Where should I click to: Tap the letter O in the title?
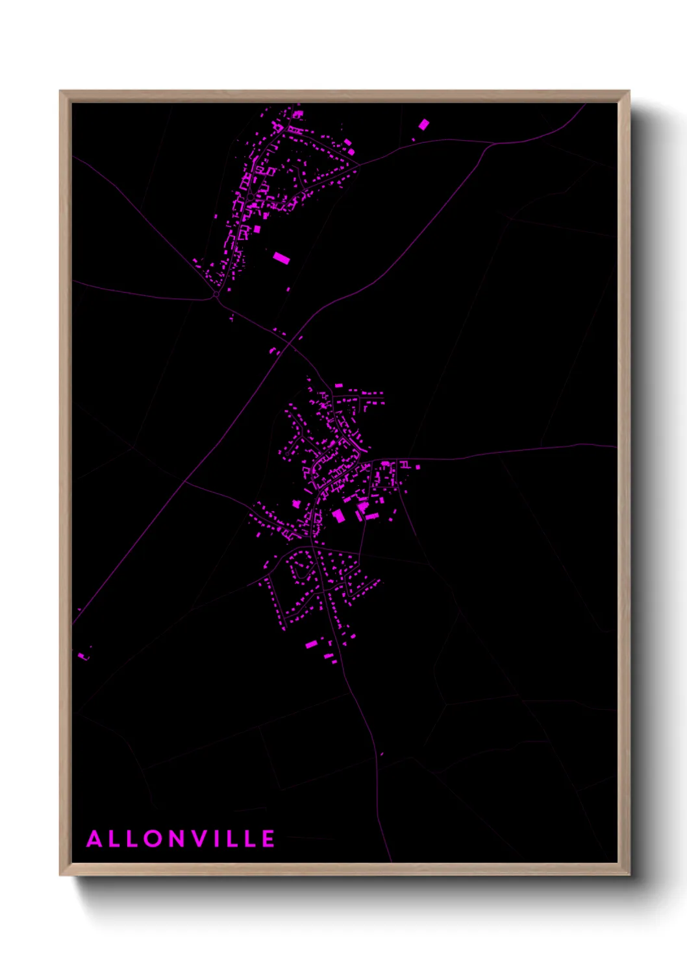(x=154, y=839)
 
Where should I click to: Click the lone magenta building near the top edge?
(x=424, y=124)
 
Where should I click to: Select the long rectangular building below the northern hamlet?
(x=281, y=258)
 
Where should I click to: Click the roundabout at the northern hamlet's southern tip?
(x=216, y=294)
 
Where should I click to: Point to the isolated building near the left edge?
(x=82, y=656)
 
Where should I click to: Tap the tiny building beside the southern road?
(x=382, y=754)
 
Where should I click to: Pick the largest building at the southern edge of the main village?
(x=311, y=644)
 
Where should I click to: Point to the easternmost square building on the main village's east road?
(x=418, y=466)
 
